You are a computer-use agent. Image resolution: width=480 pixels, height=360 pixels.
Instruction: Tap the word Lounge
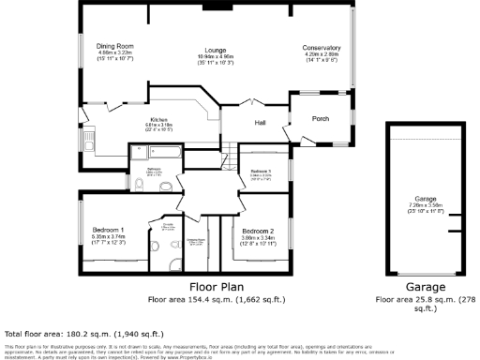217,49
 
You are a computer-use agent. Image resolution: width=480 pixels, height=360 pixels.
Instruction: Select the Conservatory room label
321,48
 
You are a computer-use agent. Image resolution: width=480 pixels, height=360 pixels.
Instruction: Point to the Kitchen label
158,120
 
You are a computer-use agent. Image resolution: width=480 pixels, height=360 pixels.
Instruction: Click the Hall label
262,122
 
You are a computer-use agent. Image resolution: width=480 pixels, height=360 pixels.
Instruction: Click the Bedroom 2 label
257,231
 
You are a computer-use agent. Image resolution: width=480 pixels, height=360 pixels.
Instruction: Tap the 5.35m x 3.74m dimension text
110,237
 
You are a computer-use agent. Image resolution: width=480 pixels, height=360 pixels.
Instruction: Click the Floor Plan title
217,287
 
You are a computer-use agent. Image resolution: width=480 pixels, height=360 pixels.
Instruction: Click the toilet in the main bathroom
138,187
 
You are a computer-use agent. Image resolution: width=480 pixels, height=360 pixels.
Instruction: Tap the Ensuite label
169,225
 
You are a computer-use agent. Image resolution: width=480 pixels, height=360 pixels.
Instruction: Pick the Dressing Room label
196,238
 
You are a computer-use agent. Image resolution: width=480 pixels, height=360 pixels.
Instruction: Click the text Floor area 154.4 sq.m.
217,300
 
